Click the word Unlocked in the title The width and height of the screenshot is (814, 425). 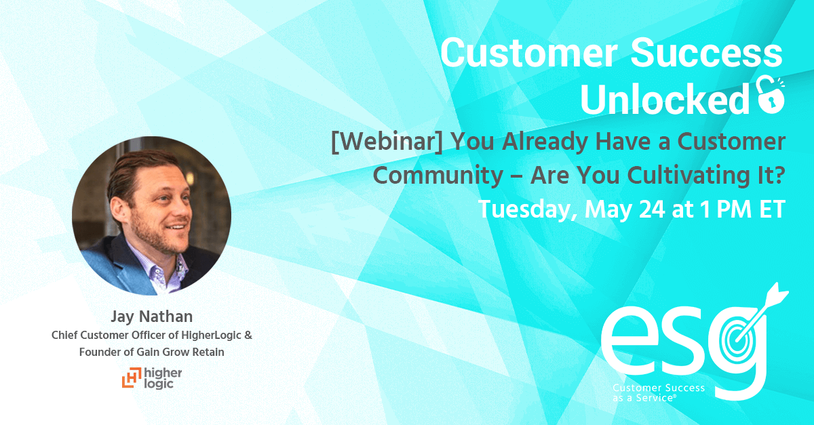click(x=665, y=99)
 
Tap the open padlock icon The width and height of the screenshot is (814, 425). click(x=770, y=96)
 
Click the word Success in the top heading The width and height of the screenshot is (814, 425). click(x=706, y=53)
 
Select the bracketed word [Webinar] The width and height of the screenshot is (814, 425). click(x=387, y=142)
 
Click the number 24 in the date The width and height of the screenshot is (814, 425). click(x=652, y=209)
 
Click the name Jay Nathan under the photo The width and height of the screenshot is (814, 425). click(x=151, y=317)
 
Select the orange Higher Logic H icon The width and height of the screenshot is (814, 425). click(x=131, y=377)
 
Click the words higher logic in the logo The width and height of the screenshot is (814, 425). click(x=163, y=378)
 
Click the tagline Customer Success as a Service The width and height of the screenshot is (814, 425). click(x=659, y=392)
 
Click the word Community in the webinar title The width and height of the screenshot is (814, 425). click(x=438, y=176)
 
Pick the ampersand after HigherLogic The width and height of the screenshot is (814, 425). click(x=248, y=335)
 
